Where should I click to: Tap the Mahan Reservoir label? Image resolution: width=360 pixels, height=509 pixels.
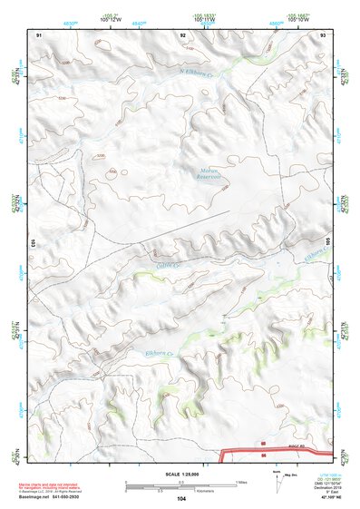pos(209,173)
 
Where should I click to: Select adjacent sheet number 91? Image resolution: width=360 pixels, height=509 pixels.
pos(38,34)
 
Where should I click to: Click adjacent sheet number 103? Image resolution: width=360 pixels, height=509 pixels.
pos(32,242)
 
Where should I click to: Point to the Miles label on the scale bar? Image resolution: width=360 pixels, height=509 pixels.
pos(240,481)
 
